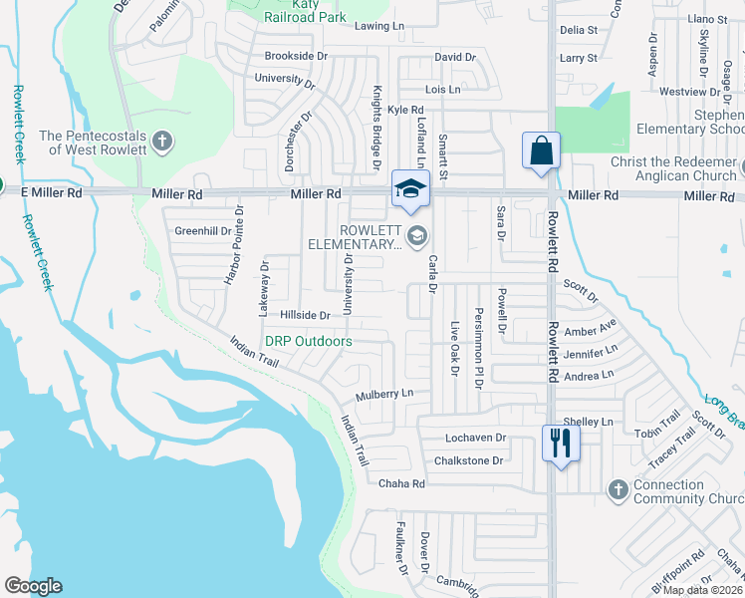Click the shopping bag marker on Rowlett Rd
(541, 151)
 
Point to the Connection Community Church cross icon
(619, 488)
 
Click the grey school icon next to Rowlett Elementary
(417, 236)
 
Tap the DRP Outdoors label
(308, 341)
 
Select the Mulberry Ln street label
(384, 394)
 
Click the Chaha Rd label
(401, 483)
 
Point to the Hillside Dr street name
(304, 315)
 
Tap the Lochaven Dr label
(476, 438)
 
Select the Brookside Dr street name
(296, 56)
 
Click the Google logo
(33, 586)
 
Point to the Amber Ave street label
(591, 330)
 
